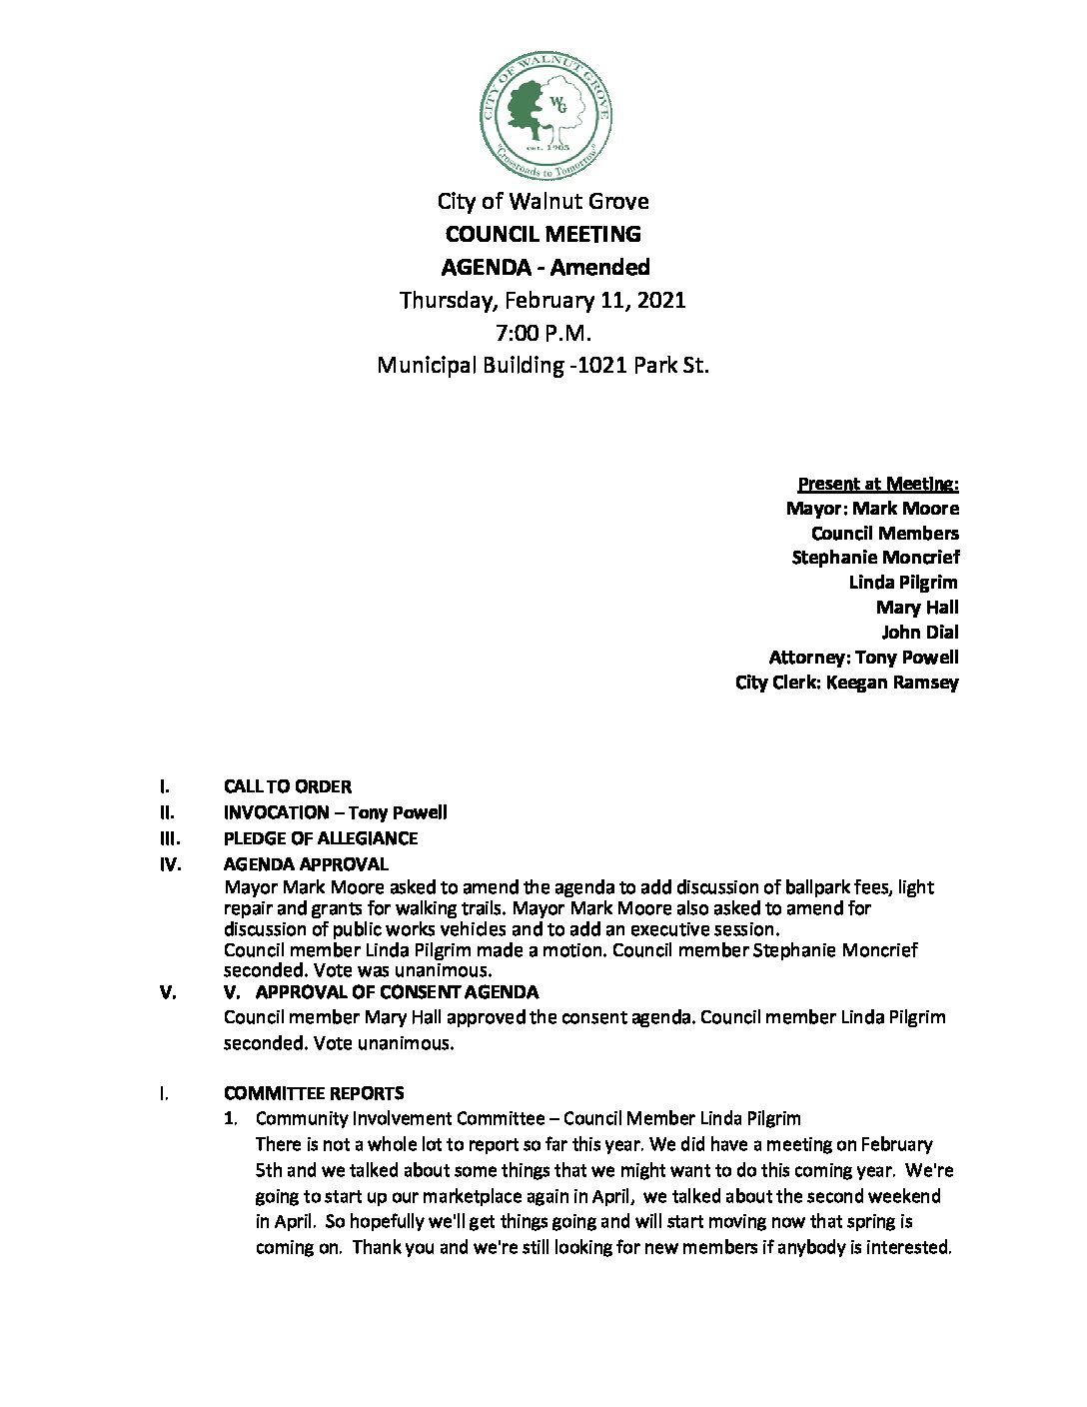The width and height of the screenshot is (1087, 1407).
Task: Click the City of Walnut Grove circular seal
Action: [x=546, y=116]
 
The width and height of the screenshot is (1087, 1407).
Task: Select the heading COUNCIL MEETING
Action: [x=543, y=234]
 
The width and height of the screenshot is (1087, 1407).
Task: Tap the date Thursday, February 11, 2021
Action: [x=543, y=300]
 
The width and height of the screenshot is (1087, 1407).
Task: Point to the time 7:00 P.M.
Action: [x=543, y=333]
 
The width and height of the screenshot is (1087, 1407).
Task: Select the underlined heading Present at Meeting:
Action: [x=878, y=484]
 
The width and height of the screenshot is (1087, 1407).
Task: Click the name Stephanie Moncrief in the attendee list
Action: [x=875, y=558]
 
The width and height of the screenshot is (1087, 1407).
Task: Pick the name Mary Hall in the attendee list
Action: [x=916, y=607]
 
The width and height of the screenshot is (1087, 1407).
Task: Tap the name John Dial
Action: [x=919, y=632]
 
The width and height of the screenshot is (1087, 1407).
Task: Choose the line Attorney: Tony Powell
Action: [x=863, y=657]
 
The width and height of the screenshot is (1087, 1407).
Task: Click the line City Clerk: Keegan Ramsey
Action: [x=846, y=683]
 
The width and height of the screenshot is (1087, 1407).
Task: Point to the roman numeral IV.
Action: [x=171, y=864]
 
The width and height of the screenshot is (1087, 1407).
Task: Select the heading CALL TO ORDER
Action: [x=288, y=786]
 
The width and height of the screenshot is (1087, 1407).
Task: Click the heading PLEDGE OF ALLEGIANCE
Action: [x=321, y=838]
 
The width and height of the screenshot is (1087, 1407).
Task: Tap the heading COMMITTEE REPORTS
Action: [x=314, y=1093]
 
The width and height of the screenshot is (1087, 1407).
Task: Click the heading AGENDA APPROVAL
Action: [x=306, y=864]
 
